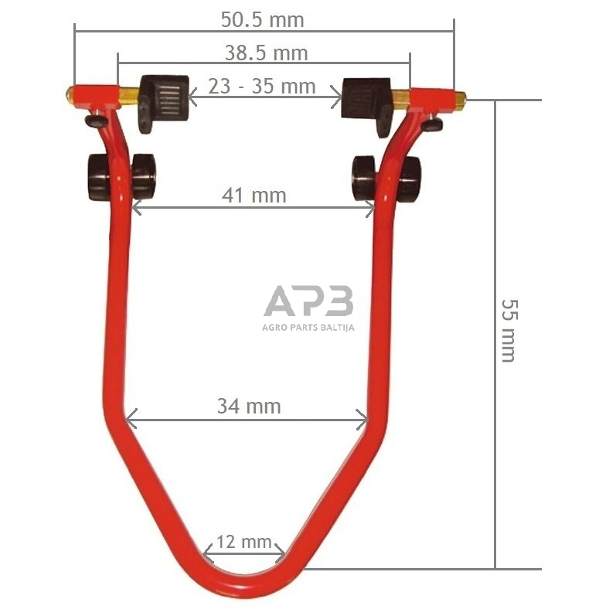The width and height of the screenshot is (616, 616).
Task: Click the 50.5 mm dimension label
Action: (x=263, y=19)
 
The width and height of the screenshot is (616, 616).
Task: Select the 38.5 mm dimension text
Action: (x=266, y=53)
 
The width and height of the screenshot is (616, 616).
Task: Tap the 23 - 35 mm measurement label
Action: (x=262, y=86)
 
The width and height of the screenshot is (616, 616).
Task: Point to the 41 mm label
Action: (x=254, y=196)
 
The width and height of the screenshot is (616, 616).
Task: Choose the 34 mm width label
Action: (x=249, y=407)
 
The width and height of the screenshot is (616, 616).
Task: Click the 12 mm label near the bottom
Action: (x=244, y=542)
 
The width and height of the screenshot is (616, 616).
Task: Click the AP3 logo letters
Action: (x=309, y=301)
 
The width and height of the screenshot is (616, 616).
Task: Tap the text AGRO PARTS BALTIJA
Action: (x=308, y=327)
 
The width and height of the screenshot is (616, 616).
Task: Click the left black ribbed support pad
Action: (x=164, y=101)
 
